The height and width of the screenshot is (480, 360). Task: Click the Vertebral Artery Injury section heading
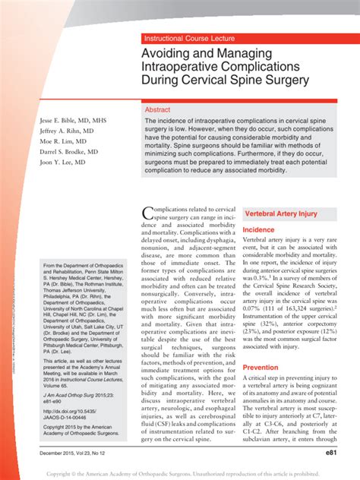[280, 214]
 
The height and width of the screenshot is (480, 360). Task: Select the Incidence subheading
[258, 229]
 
